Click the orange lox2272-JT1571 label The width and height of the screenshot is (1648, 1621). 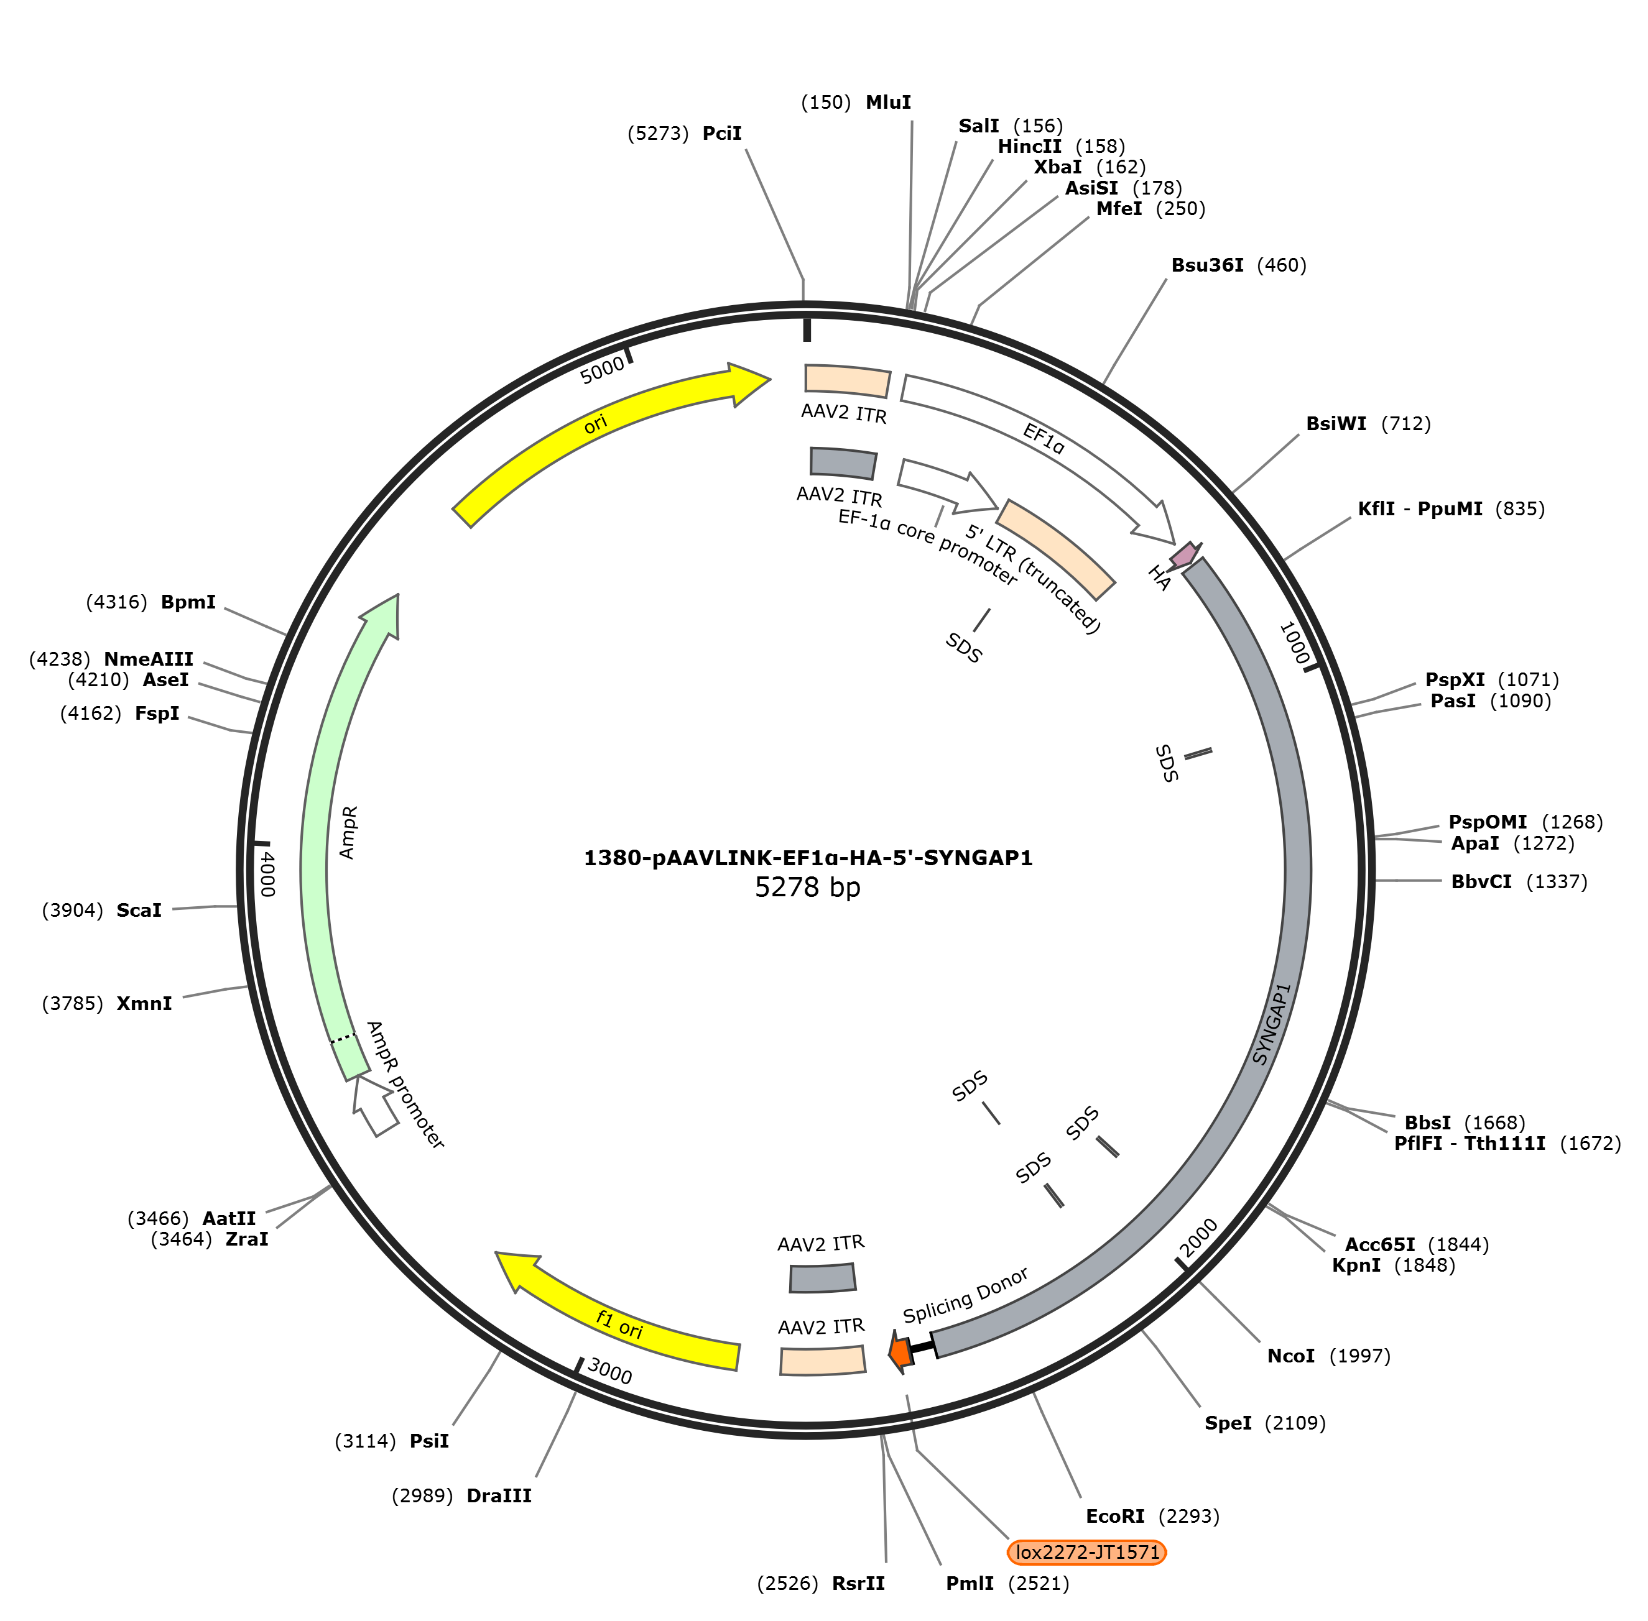click(1086, 1552)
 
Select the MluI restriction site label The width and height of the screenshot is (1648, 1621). click(888, 102)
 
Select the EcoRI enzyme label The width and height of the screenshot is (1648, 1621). click(1115, 1515)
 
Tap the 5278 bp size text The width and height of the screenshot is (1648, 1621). click(807, 887)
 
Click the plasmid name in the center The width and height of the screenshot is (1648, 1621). click(807, 857)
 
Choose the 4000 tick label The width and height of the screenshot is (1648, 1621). click(267, 873)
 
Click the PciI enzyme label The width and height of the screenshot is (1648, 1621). click(722, 133)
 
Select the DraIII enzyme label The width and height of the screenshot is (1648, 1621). click(499, 1495)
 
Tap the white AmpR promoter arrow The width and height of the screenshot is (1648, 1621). click(376, 1104)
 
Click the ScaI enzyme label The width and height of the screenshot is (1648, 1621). click(139, 910)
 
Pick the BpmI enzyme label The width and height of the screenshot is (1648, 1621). click(188, 602)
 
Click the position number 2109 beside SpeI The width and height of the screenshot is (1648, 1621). click(1295, 1423)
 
